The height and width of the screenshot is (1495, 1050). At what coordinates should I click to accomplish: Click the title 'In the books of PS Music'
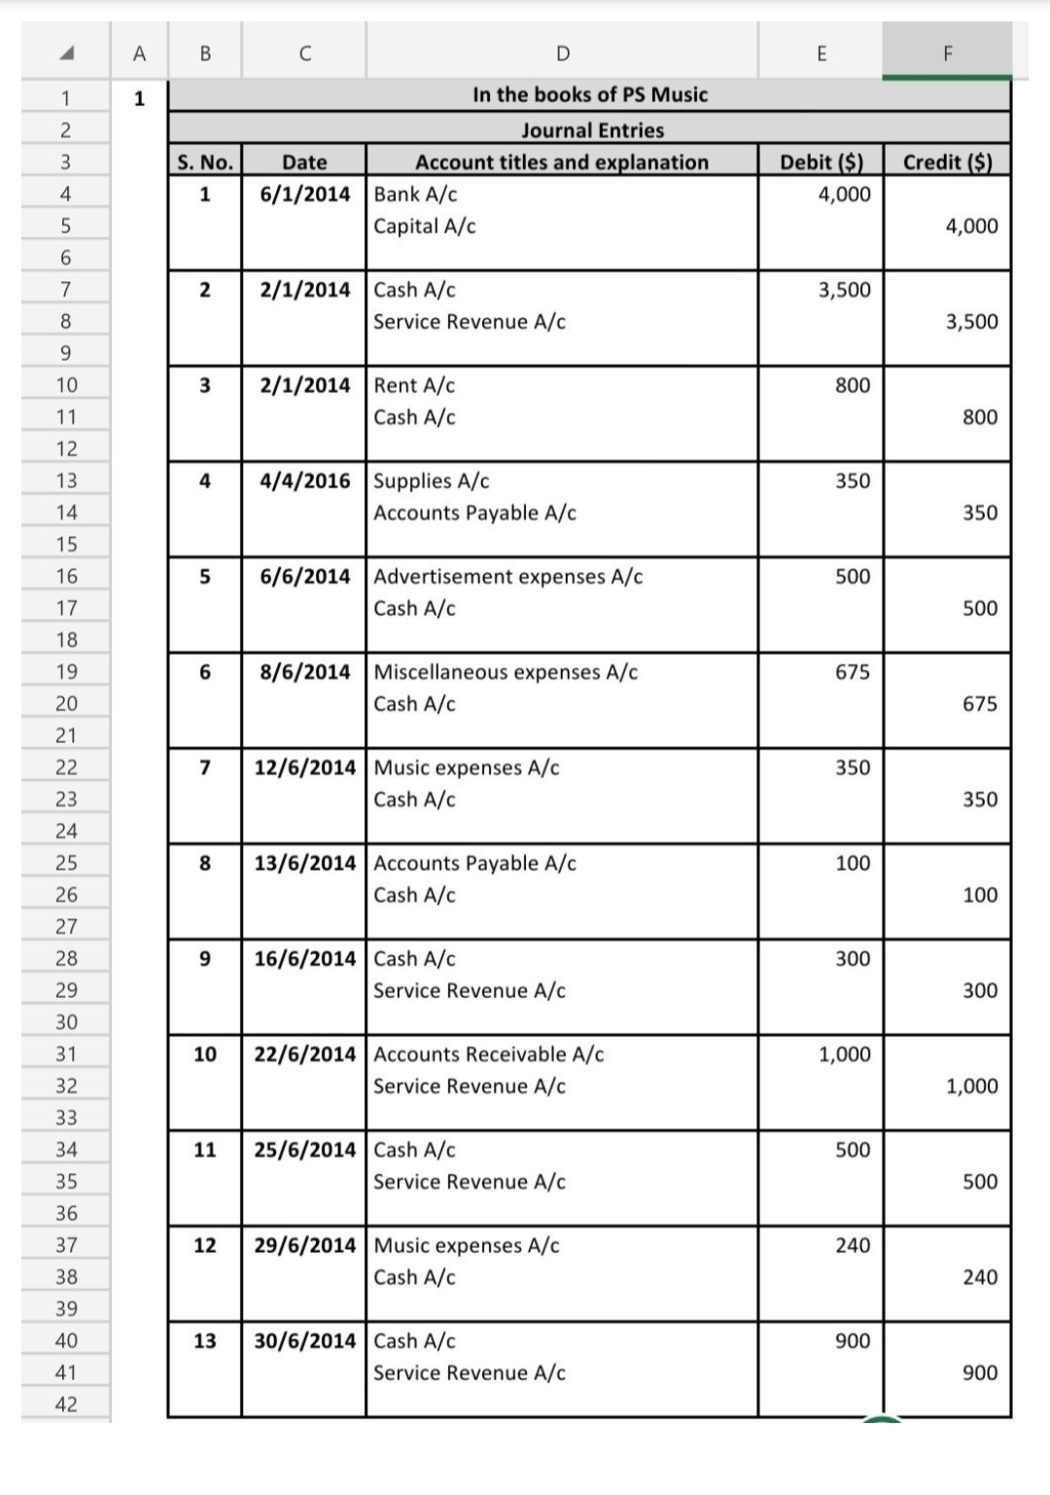[x=589, y=94]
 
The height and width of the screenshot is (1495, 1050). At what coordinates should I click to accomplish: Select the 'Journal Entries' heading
[x=592, y=129]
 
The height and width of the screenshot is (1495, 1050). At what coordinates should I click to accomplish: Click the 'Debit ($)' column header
[x=821, y=161]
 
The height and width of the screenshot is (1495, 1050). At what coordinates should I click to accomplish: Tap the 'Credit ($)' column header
[x=947, y=161]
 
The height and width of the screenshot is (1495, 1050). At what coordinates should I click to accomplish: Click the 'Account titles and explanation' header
[x=562, y=161]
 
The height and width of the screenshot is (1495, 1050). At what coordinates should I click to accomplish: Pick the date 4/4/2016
[x=304, y=481]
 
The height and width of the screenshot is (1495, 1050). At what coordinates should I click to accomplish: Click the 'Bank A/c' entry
[x=415, y=194]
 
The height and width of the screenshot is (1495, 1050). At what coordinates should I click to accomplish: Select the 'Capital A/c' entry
[x=425, y=226]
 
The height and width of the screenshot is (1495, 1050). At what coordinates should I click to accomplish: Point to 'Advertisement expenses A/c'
[x=507, y=576]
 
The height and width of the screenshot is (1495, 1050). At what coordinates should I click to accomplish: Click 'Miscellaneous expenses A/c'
[x=506, y=671]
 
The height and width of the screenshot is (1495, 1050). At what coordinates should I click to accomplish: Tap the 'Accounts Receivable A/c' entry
[x=488, y=1053]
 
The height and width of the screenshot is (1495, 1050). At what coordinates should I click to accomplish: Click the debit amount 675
[x=852, y=671]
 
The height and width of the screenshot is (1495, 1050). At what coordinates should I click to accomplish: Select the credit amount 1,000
[x=971, y=1086]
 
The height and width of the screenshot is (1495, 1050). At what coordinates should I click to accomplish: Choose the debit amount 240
[x=852, y=1245]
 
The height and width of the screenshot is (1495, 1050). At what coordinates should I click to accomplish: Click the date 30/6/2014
[x=304, y=1340]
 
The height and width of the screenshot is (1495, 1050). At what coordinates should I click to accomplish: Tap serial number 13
[x=204, y=1340]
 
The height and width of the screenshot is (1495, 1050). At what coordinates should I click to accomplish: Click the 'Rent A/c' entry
[x=414, y=385]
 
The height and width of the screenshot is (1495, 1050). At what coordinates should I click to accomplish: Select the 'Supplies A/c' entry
[x=432, y=481]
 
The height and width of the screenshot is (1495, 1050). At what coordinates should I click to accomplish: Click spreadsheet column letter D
[x=562, y=53]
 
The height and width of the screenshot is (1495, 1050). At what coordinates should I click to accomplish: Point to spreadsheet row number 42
[x=65, y=1404]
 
